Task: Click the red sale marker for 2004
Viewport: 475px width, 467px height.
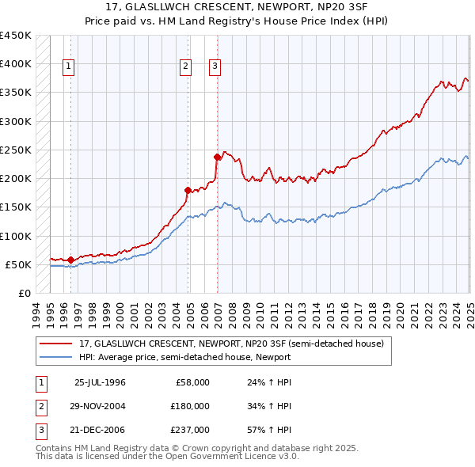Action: pyautogui.click(x=188, y=190)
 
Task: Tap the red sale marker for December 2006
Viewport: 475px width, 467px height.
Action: pyautogui.click(x=217, y=157)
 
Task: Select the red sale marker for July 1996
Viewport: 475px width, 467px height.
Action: pyautogui.click(x=70, y=260)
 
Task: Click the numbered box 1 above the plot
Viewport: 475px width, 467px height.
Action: pyautogui.click(x=70, y=67)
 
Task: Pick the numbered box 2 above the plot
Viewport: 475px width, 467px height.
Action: pyautogui.click(x=185, y=67)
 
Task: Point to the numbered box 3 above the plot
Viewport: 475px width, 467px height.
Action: pyautogui.click(x=215, y=67)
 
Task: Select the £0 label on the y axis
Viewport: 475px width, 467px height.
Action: pyautogui.click(x=23, y=293)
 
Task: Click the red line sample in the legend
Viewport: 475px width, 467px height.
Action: pyautogui.click(x=57, y=344)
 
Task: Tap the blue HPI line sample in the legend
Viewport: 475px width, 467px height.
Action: pyautogui.click(x=57, y=357)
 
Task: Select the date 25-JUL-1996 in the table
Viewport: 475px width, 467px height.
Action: pyautogui.click(x=100, y=382)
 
